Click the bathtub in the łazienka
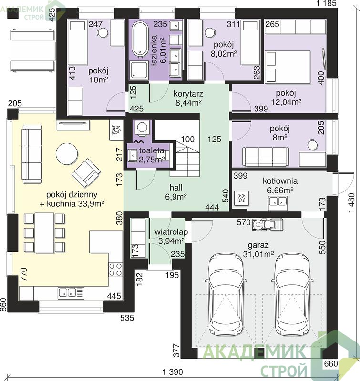tap(140, 39)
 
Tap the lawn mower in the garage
tap(268, 224)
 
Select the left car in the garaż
tap(225, 294)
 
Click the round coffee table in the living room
tap(67, 154)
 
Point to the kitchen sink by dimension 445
tap(71, 293)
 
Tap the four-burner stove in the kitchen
tap(115, 270)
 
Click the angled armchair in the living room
tap(86, 173)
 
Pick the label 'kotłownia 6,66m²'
tap(280, 186)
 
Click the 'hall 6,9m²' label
tap(176, 192)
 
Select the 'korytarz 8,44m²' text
tap(188, 99)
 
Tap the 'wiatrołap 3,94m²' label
tap(171, 236)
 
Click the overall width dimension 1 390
tap(173, 372)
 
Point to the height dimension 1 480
tap(351, 203)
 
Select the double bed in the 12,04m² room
tap(288, 67)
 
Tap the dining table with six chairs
tap(44, 233)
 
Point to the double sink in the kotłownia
tap(278, 203)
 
